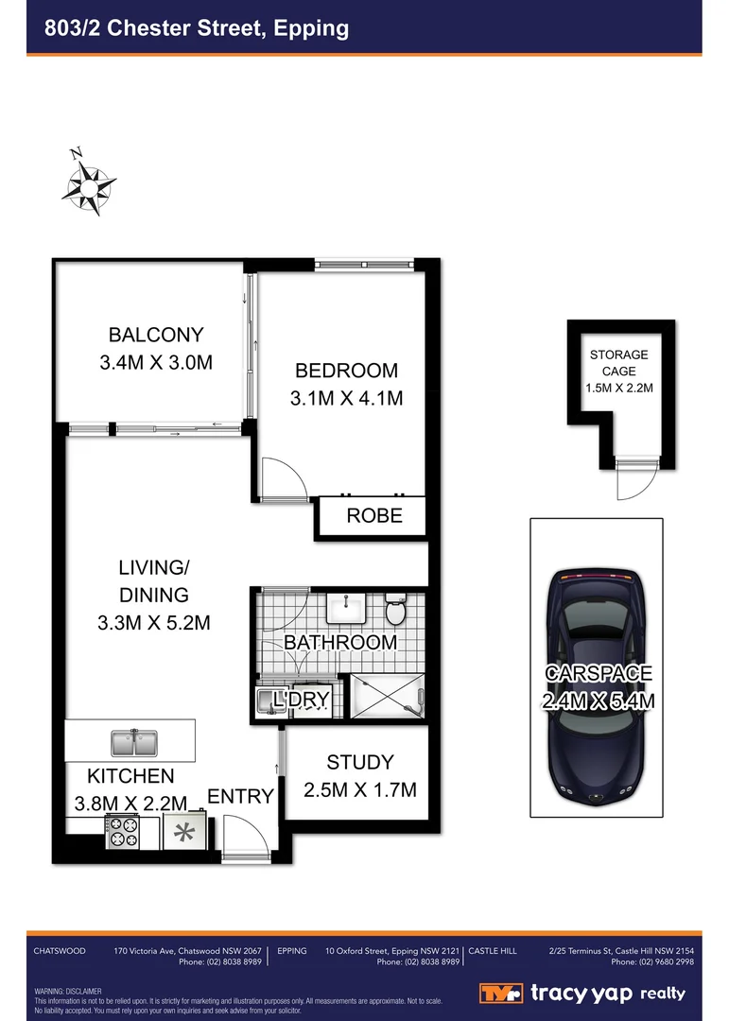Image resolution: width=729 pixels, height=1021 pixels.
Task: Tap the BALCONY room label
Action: pyautogui.click(x=156, y=335)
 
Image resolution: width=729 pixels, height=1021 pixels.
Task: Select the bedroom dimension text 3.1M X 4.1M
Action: pyautogui.click(x=346, y=398)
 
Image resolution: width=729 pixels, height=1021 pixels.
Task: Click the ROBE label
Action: pyautogui.click(x=374, y=515)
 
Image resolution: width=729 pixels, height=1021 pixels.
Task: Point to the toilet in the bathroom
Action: pyautogui.click(x=396, y=610)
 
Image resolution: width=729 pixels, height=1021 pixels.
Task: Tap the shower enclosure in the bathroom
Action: pyautogui.click(x=388, y=697)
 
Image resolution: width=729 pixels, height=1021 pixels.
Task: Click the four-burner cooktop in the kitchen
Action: pyautogui.click(x=122, y=833)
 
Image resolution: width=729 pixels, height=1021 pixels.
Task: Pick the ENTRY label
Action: pyautogui.click(x=240, y=796)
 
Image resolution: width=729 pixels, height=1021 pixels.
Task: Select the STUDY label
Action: pyautogui.click(x=359, y=762)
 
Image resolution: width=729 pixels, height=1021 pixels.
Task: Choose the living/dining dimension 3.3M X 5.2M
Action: pyautogui.click(x=153, y=623)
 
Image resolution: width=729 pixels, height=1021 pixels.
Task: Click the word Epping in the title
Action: pyautogui.click(x=311, y=28)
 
